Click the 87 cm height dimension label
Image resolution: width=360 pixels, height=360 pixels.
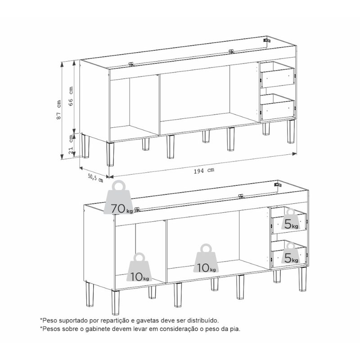59,109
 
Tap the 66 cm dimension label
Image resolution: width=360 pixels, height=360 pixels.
71,96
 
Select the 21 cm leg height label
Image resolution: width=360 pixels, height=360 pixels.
71,144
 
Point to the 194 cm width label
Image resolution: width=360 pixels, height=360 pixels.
204,171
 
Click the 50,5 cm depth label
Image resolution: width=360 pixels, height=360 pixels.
95,178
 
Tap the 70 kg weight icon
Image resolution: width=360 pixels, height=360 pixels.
118,198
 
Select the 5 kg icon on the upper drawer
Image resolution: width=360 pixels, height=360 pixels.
291,219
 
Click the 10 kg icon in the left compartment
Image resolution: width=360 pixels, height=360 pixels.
139,267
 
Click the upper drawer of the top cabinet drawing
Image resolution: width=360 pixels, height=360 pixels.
277,75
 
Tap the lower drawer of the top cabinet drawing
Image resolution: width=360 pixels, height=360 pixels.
277,107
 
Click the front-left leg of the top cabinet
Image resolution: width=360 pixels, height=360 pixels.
110,154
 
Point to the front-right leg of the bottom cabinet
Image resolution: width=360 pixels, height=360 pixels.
302,279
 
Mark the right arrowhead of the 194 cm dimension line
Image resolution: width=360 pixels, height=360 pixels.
294,154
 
